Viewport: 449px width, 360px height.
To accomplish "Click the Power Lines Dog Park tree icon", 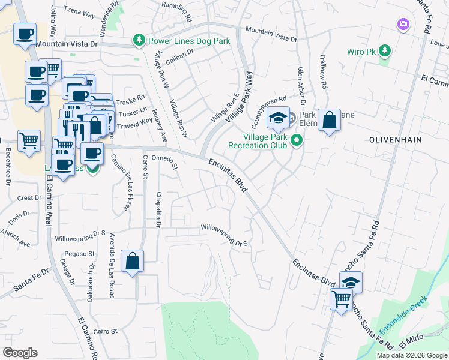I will pos(139,41).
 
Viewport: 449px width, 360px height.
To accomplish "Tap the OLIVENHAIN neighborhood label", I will pos(395,139).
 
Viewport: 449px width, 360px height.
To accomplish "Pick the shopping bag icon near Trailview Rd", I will pos(329,121).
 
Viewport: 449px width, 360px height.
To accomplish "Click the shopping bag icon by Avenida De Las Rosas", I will pos(133,262).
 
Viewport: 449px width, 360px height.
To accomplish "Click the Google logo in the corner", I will pos(20,352).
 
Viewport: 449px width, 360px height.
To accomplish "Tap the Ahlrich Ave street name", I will pos(16,238).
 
